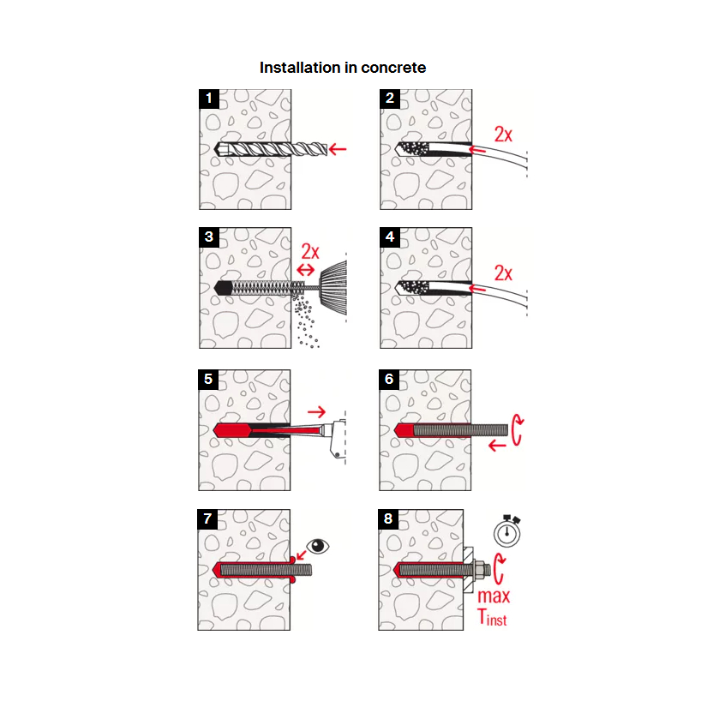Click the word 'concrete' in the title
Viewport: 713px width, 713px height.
click(x=392, y=68)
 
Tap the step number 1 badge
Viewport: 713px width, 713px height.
click(x=208, y=98)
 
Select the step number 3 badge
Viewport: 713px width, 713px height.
click(x=208, y=237)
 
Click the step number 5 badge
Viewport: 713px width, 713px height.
click(x=208, y=380)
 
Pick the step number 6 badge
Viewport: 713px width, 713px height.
click(x=390, y=380)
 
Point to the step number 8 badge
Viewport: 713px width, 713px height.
click(x=390, y=519)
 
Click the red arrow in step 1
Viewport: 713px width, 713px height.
click(x=338, y=149)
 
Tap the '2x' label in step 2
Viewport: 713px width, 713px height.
click(x=504, y=135)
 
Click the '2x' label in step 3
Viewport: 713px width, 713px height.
click(x=310, y=252)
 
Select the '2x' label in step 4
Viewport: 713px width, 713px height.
click(x=504, y=273)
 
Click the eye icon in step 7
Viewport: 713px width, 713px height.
click(x=318, y=546)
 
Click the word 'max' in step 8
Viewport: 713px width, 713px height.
click(x=494, y=596)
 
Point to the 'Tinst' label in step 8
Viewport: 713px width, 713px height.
click(x=492, y=616)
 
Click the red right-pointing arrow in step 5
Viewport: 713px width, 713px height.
click(x=316, y=412)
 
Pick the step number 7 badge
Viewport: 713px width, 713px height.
click(x=208, y=519)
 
